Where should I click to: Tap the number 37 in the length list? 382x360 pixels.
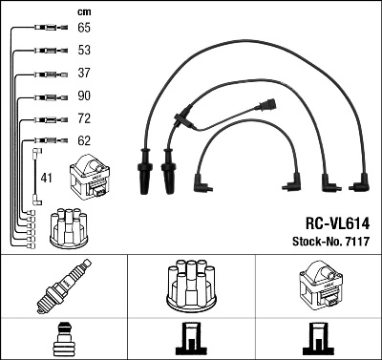[x=84, y=74]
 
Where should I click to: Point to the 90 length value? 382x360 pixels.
[x=84, y=95]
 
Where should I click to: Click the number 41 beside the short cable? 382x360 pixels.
[x=46, y=178]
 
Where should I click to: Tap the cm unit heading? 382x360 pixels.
[x=83, y=11]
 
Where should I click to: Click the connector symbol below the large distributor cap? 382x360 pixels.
[x=191, y=340]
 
